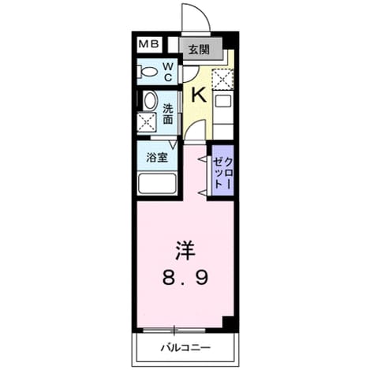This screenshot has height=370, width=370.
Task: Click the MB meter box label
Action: [148, 44]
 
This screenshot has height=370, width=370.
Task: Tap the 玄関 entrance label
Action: [199, 50]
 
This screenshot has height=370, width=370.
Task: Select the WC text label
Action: [168, 72]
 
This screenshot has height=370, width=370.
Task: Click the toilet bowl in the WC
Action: [147, 72]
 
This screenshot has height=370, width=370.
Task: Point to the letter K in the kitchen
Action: [199, 95]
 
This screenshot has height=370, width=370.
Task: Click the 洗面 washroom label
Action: [167, 114]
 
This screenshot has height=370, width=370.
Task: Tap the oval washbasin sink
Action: [150, 101]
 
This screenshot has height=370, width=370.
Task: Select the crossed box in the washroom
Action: [147, 121]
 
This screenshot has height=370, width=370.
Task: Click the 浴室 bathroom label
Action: [157, 158]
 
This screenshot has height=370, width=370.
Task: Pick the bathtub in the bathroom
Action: [157, 183]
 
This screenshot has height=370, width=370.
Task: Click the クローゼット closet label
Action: [222, 173]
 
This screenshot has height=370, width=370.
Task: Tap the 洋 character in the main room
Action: [185, 251]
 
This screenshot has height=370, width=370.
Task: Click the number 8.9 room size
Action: [185, 278]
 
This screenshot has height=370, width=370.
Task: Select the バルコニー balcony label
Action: [185, 348]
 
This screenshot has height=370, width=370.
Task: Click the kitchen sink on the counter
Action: [222, 101]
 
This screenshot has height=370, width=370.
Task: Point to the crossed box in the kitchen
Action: [222, 78]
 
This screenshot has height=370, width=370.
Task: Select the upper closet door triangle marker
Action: [202, 159]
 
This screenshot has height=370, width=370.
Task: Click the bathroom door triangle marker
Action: [173, 144]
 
